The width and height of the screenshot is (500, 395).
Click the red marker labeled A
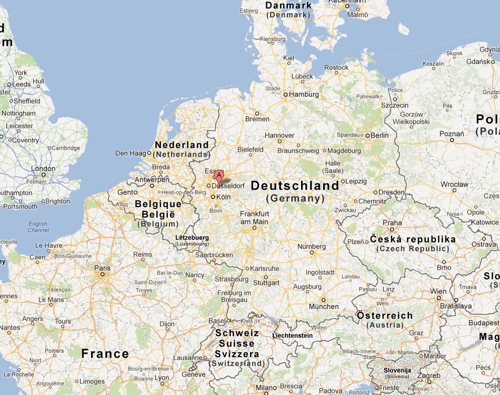[x=219, y=176]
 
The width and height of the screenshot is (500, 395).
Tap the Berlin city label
[x=379, y=135]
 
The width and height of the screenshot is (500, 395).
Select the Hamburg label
[x=304, y=95]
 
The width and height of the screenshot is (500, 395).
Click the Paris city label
[x=102, y=268]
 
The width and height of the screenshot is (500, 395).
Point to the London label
[x=43, y=169]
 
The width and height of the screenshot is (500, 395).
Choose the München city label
[x=324, y=307]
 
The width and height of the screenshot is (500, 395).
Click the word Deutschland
[x=295, y=186]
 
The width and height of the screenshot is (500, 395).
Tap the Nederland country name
[x=182, y=145]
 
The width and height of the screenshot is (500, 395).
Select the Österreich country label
[x=385, y=315]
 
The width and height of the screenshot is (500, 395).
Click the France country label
[x=105, y=353]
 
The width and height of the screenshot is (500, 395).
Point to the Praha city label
[x=392, y=223]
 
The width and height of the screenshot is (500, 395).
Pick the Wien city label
[x=438, y=291]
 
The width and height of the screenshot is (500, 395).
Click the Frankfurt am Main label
[x=254, y=218]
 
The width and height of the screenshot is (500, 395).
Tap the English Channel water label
[x=38, y=227]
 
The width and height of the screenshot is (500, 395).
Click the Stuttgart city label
[x=266, y=283]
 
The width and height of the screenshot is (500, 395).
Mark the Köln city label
[x=224, y=197]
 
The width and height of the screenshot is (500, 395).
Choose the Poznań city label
[x=452, y=134]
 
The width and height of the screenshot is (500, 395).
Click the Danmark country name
[x=288, y=5]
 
